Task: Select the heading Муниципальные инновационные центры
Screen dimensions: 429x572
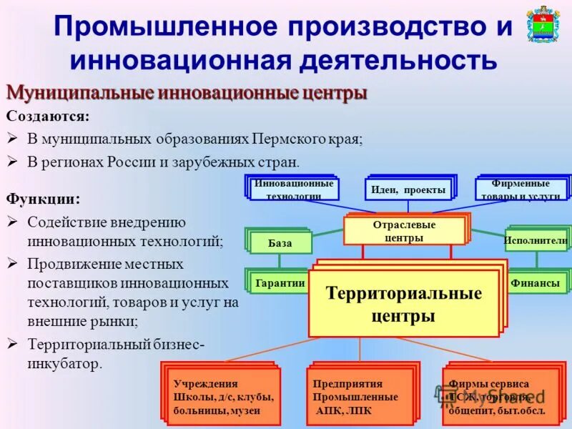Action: (187, 94)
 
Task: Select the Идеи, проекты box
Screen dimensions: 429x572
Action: (408, 189)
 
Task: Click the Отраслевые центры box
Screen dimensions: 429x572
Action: (404, 231)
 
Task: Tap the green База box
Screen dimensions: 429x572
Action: (280, 243)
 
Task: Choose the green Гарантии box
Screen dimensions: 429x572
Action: (280, 283)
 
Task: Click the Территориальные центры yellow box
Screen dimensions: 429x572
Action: (403, 303)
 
